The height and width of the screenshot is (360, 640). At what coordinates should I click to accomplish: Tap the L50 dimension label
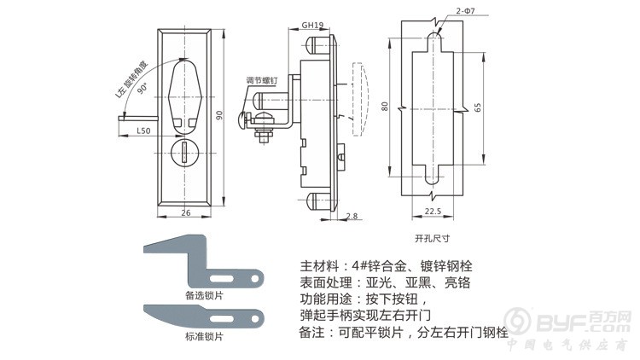143,131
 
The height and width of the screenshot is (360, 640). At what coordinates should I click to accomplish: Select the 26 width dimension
186,212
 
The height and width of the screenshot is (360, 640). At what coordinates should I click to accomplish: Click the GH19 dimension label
311,26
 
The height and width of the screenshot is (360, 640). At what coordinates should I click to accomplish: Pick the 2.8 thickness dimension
352,216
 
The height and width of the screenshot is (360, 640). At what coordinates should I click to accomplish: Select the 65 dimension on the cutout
479,108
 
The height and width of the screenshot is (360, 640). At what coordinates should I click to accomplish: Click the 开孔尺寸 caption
431,239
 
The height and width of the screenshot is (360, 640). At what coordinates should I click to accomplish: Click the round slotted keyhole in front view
186,153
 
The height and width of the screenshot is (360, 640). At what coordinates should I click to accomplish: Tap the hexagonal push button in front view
186,94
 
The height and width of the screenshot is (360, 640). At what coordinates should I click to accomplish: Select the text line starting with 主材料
393,265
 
